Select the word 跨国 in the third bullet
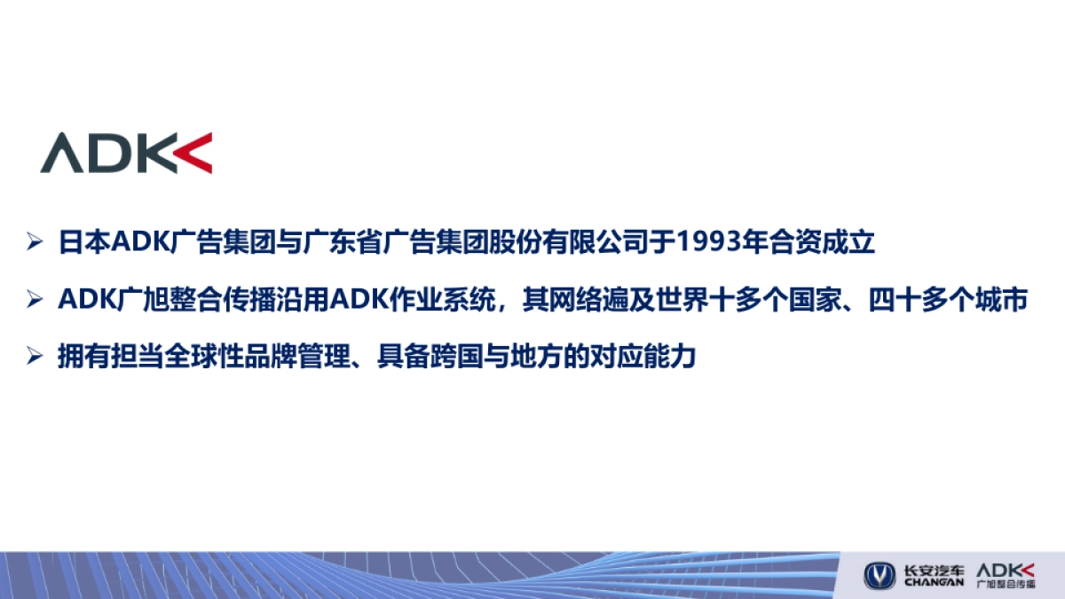point(461,358)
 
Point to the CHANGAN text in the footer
point(934,582)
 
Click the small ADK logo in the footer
point(1006,569)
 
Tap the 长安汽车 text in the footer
point(934,569)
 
